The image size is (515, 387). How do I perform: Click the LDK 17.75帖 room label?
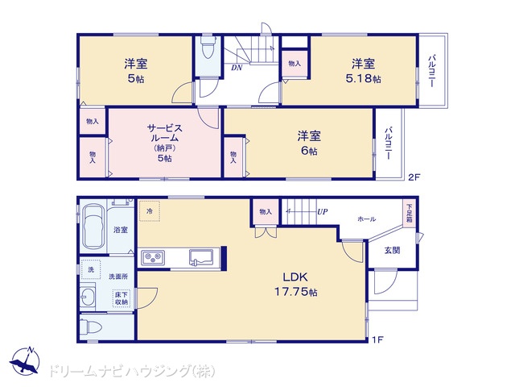coord(295,285)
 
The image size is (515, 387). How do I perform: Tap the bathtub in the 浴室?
coord(93,227)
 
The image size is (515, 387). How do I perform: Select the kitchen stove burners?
coord(153,257)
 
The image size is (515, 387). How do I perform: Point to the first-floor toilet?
coord(91,327)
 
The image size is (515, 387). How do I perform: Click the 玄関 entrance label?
coord(392,251)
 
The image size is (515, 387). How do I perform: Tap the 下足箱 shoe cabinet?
coord(410,214)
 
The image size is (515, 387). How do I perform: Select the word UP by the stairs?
coord(322,211)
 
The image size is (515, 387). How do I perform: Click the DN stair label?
coord(237,68)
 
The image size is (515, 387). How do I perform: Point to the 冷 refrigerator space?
coord(150,211)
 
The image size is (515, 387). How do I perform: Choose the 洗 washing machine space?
coord(91,269)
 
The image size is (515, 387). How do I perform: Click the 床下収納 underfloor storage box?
coord(122,298)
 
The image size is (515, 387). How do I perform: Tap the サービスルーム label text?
coord(164,132)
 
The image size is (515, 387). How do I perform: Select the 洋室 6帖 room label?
coord(309,143)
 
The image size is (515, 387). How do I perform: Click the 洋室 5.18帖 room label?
coord(363,71)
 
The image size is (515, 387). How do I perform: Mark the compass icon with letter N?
coord(25,360)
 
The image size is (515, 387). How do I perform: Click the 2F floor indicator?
coord(414,177)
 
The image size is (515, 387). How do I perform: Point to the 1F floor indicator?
coord(378,339)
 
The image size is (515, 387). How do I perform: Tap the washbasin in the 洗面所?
coord(88,297)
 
